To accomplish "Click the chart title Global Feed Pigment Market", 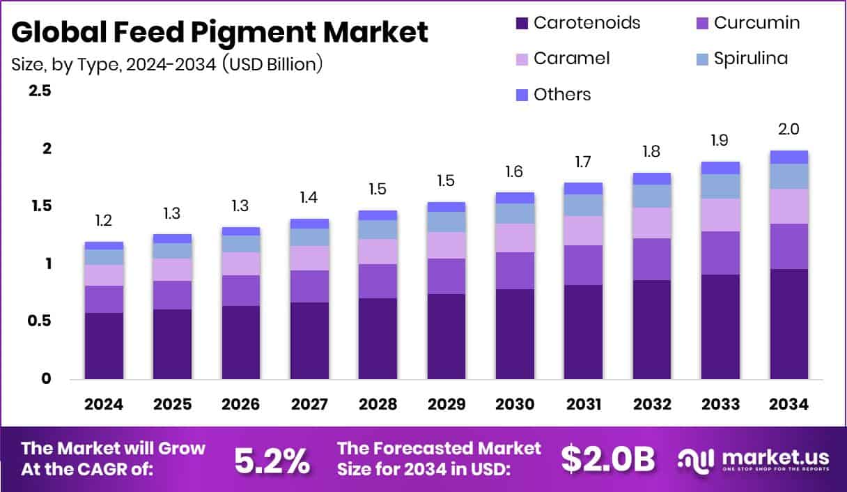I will pyautogui.click(x=220, y=32).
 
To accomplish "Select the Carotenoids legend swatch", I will pyautogui.click(x=522, y=23).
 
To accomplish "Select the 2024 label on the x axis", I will pyautogui.click(x=104, y=405).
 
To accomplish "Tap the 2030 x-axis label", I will pyautogui.click(x=515, y=405).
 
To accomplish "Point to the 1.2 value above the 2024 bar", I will pyautogui.click(x=104, y=221).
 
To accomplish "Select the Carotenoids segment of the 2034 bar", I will pyautogui.click(x=789, y=324).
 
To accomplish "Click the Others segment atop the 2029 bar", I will pyautogui.click(x=446, y=207).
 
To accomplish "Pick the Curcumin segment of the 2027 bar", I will pyautogui.click(x=309, y=286).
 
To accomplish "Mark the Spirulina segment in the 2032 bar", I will pyautogui.click(x=652, y=196).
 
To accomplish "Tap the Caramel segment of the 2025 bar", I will pyautogui.click(x=172, y=270).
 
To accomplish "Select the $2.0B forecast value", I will pyautogui.click(x=608, y=459).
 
